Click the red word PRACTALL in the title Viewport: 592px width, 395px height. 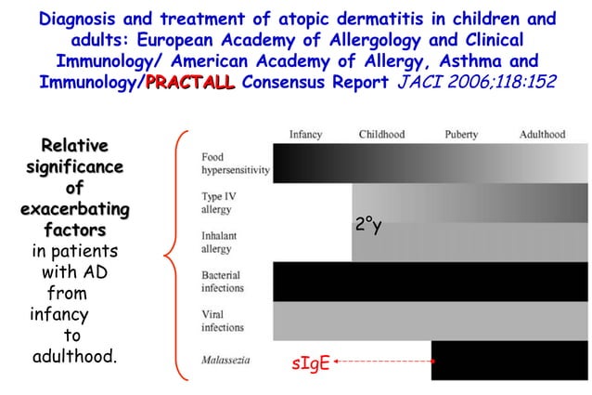[189, 83]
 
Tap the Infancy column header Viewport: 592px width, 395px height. [305, 135]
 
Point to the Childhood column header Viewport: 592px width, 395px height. [381, 135]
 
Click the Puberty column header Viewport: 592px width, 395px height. [461, 135]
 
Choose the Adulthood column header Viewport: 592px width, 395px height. [542, 135]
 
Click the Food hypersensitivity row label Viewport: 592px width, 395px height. [235, 165]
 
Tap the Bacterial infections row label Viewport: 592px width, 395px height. [223, 282]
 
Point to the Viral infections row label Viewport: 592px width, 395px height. [223, 321]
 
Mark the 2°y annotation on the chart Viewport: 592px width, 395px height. [368, 225]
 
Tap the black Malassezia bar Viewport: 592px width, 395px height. [509, 360]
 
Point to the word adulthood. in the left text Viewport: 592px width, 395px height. [74, 357]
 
